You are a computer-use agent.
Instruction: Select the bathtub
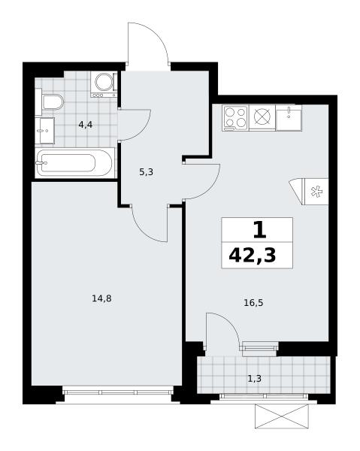pyautogui.click(x=74, y=163)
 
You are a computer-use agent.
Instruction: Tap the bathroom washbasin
pyautogui.click(x=45, y=130)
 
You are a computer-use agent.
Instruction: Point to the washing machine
pyautogui.click(x=104, y=84)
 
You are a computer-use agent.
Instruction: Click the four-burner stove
pyautogui.click(x=235, y=118)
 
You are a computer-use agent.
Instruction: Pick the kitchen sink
pyautogui.click(x=289, y=117)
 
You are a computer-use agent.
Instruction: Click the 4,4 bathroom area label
pyautogui.click(x=86, y=125)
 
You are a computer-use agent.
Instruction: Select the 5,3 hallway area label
pyautogui.click(x=146, y=172)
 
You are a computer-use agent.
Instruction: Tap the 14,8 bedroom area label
pyautogui.click(x=101, y=298)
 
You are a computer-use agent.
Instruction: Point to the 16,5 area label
pyautogui.click(x=253, y=303)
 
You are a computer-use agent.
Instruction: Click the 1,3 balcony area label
pyautogui.click(x=255, y=379)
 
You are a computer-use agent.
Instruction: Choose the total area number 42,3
pyautogui.click(x=253, y=256)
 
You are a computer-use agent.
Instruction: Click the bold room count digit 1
pyautogui.click(x=259, y=231)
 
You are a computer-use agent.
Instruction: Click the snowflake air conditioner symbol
pyautogui.click(x=316, y=192)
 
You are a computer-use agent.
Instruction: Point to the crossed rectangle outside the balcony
pyautogui.click(x=282, y=416)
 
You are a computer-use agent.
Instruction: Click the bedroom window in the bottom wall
pyautogui.click(x=117, y=392)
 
